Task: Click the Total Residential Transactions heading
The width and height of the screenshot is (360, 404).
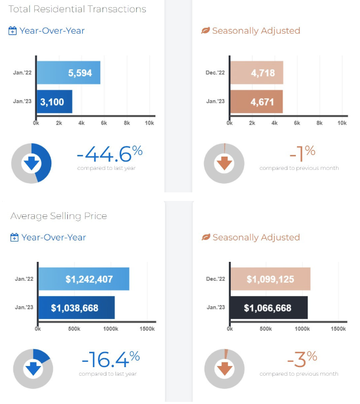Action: pos(78,9)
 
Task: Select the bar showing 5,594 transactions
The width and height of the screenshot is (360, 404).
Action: pos(68,73)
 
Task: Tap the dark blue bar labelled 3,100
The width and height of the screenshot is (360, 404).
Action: pos(54,101)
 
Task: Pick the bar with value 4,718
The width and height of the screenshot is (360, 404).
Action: pos(256,73)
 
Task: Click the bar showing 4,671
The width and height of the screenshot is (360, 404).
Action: pos(256,101)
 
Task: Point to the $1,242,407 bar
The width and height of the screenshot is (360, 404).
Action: pos(83,279)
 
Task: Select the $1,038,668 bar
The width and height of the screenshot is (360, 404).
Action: pos(76,308)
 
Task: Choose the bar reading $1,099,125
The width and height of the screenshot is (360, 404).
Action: pos(270,279)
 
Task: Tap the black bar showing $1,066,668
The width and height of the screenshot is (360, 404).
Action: pos(269,308)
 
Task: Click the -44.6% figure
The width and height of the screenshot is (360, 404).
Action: pos(109,154)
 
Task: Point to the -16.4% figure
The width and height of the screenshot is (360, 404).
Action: pos(111,360)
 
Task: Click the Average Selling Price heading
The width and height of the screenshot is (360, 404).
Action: pos(59,216)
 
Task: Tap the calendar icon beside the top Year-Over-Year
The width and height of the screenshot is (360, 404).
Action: pos(13,31)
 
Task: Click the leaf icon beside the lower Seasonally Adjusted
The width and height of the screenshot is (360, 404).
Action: pos(206,237)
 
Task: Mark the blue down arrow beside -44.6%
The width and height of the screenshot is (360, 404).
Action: pos(32,162)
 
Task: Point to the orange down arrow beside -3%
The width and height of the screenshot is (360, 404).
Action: pos(225,368)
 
